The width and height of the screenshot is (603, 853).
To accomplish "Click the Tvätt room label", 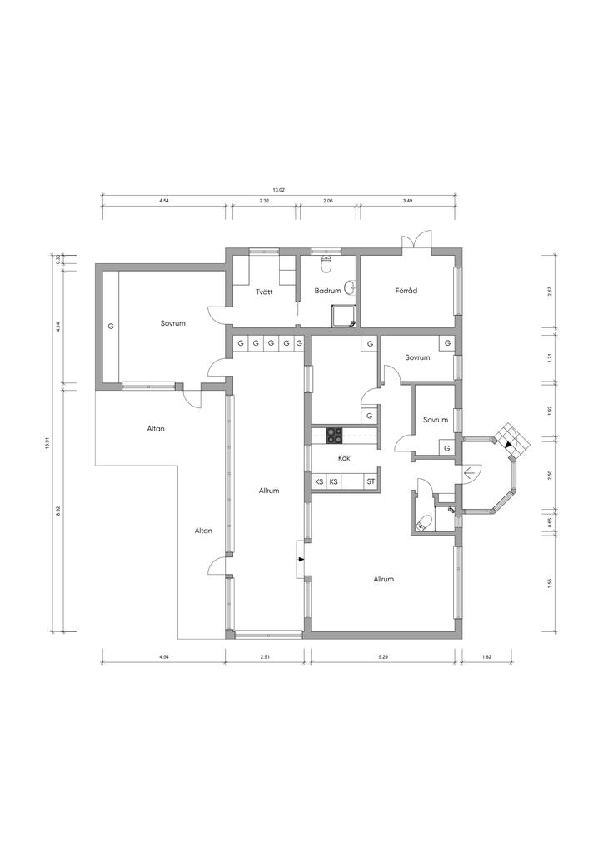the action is tap(264, 292).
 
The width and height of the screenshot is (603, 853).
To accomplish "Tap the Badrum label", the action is tap(328, 291).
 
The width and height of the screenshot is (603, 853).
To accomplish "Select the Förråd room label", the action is tap(406, 291).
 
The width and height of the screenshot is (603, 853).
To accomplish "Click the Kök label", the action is tap(344, 458).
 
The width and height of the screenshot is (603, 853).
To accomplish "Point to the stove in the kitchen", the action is tap(334, 435).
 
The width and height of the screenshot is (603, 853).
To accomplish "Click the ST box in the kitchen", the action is tap(371, 482).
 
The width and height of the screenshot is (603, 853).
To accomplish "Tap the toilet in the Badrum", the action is tap(326, 264).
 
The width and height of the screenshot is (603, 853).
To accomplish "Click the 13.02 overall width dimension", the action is tap(278, 190).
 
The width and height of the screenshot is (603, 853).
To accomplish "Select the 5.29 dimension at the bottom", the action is tap(383, 657).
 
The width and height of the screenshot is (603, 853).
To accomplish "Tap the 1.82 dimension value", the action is tap(486, 657).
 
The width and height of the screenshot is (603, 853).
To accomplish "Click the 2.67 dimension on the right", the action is tap(551, 291).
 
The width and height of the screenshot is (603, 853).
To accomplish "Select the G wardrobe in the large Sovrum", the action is tap(111, 327).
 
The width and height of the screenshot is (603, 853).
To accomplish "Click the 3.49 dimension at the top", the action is tap(407, 201).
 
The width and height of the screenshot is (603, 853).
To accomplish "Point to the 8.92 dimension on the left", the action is tap(59, 511).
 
